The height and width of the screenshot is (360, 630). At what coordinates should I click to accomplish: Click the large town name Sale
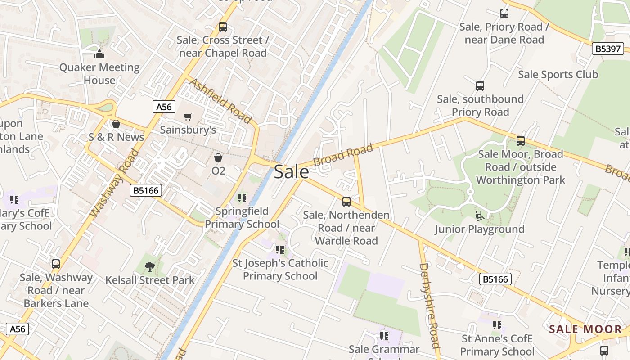[x=291, y=171]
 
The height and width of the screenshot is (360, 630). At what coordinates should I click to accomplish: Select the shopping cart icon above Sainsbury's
[x=188, y=117]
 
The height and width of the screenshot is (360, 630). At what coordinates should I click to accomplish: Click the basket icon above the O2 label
[x=218, y=157]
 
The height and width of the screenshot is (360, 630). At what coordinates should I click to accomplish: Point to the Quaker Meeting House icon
[x=99, y=54]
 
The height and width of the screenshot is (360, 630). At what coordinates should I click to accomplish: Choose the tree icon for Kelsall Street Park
[x=149, y=267]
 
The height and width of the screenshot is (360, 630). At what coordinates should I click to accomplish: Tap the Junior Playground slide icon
[x=480, y=216]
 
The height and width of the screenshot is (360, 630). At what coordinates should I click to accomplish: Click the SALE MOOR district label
[x=585, y=329]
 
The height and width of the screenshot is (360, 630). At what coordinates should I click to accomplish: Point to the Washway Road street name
[x=114, y=183]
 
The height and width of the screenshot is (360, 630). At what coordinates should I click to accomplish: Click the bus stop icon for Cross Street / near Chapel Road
[x=223, y=27]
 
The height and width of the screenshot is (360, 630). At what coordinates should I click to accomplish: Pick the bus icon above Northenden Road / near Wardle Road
[x=346, y=201]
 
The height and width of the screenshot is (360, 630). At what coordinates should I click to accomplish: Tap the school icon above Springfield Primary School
[x=242, y=198]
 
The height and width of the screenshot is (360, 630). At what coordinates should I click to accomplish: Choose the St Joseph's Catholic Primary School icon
[x=280, y=249]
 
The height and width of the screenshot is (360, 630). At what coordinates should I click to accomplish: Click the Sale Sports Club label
[x=558, y=74]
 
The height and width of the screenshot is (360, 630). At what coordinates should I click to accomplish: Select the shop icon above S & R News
[x=116, y=124]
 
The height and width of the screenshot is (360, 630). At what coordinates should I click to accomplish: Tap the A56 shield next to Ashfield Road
[x=163, y=107]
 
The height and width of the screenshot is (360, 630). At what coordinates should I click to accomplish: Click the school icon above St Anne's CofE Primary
[x=497, y=325]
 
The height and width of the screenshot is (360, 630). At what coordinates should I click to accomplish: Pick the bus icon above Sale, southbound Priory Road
[x=480, y=85]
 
